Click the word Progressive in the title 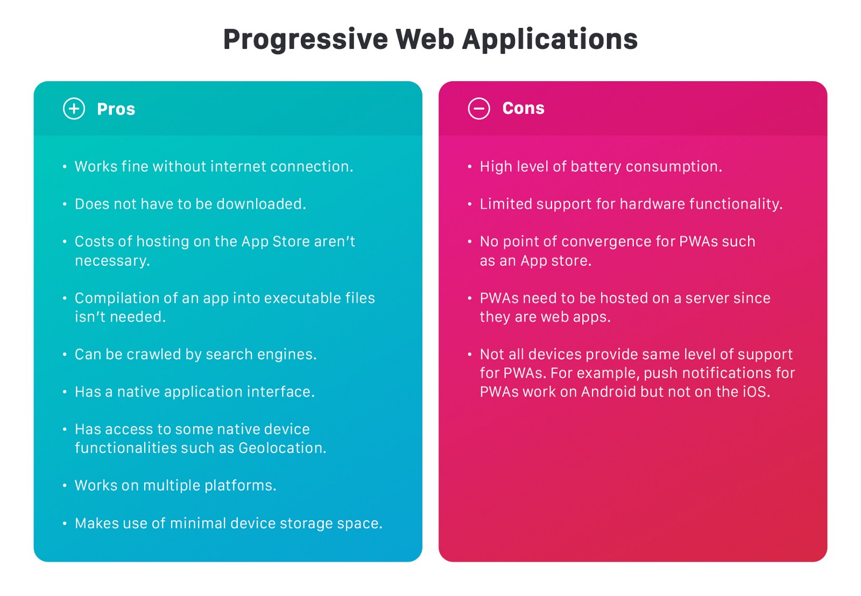click(306, 40)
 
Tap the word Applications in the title click(549, 40)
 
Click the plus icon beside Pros click(74, 109)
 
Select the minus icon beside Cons click(479, 108)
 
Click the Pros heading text click(116, 109)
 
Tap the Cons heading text click(524, 108)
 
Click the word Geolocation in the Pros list click(282, 448)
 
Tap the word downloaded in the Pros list click(261, 204)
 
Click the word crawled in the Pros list click(154, 354)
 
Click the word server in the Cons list click(709, 299)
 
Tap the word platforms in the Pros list click(240, 486)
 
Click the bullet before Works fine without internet click(65, 167)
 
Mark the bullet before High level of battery click(470, 167)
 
